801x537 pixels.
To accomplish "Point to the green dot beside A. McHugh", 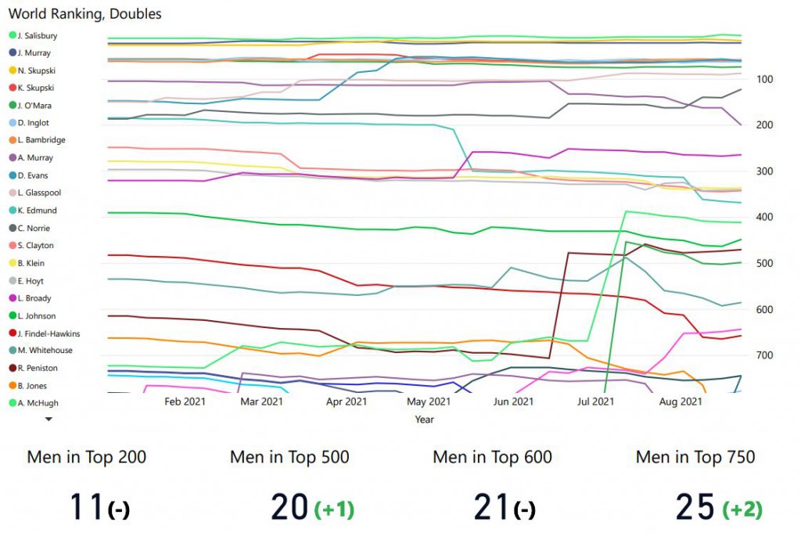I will tap(13, 403).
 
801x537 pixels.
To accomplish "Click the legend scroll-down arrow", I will tap(48, 419).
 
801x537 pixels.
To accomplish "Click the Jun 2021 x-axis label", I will tap(512, 402).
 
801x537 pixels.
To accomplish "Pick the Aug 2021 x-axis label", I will tap(681, 402).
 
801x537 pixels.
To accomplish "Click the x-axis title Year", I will tap(425, 420).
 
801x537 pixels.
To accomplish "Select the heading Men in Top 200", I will tap(87, 457).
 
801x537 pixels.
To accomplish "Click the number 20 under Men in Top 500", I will tap(289, 508).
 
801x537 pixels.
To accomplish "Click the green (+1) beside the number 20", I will tap(334, 509).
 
